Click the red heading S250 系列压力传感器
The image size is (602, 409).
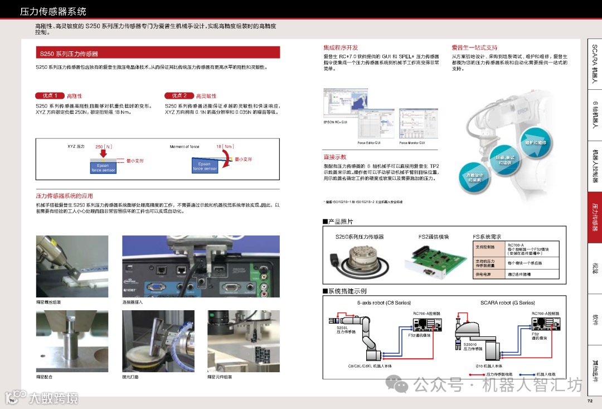coord(69,54)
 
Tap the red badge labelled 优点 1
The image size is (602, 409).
coord(48,96)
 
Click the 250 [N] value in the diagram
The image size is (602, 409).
coord(104,146)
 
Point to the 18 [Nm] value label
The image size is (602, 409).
coord(225,146)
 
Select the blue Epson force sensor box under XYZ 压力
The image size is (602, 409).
coord(103,167)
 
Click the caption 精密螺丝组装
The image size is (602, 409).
coord(48,302)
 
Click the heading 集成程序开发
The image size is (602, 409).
coord(341,48)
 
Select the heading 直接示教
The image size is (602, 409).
coord(335,157)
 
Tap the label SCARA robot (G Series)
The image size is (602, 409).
coord(507,303)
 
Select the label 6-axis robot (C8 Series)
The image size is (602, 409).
coord(383,303)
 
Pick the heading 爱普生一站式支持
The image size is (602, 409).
coord(474,48)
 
